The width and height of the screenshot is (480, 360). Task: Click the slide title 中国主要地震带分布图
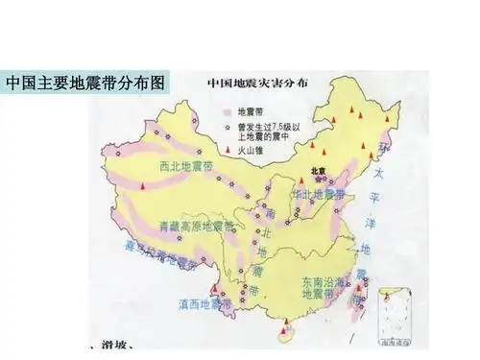pos(85,83)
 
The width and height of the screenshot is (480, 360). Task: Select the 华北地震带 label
pos(319,196)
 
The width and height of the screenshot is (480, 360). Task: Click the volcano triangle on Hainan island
pos(280,330)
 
